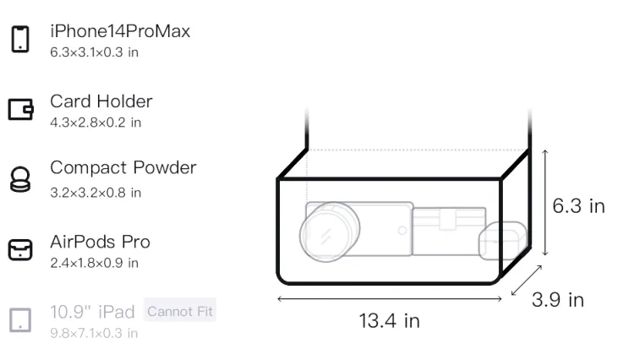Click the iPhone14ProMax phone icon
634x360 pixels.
(x=20, y=39)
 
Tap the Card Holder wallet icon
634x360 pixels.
(x=20, y=110)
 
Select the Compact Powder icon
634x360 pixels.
(x=20, y=179)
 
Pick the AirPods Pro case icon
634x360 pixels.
(x=20, y=249)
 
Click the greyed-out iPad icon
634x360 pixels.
(x=20, y=320)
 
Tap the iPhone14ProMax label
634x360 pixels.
(x=120, y=31)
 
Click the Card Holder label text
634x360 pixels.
(x=101, y=101)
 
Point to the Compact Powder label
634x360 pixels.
(x=123, y=168)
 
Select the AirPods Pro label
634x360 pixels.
(x=101, y=242)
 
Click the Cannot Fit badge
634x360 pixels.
(x=180, y=312)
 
